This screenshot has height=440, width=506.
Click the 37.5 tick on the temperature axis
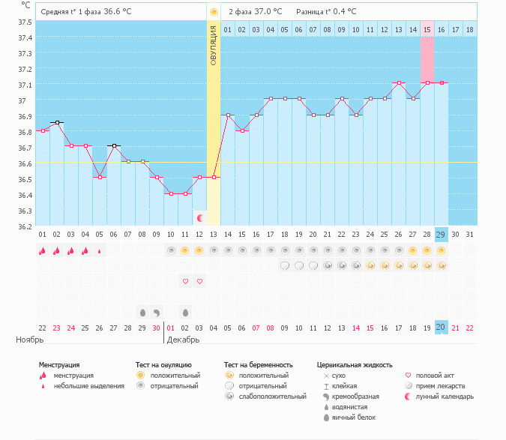pos(25,22)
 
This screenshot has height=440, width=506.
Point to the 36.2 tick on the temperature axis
pos(25,226)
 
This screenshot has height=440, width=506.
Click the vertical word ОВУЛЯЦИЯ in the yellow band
pos(214,46)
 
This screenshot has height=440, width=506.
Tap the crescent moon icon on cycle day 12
pos(199,218)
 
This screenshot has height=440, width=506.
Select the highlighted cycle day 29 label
pos(441,235)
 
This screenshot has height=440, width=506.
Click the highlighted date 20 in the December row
pos(441,328)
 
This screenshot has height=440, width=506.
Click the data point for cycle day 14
pos(228,115)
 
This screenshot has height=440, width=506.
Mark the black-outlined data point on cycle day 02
pos(57,123)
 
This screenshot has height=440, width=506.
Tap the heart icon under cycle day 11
pos(185,281)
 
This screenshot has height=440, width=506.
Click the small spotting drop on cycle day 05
pos(100,251)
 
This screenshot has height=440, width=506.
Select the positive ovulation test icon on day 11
pos(184,250)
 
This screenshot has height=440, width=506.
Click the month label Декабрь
pos(183,340)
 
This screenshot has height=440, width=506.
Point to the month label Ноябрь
pos(30,340)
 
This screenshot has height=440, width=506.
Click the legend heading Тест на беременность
pos(258,365)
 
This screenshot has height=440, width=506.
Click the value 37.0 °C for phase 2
pos(268,11)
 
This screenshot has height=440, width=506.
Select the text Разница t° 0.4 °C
pos(326,11)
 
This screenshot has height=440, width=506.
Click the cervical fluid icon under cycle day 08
pos(142,313)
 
